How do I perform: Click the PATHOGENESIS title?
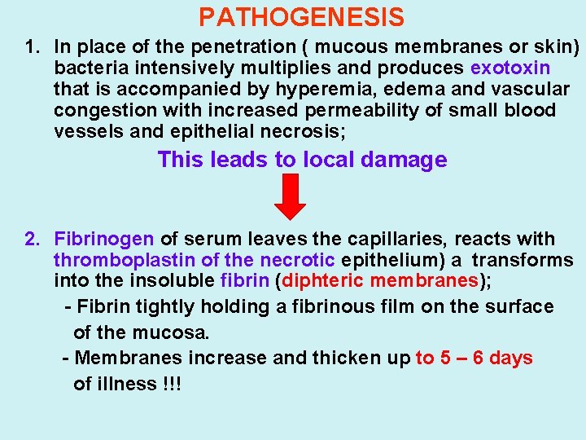(x=301, y=17)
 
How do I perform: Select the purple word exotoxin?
(x=510, y=68)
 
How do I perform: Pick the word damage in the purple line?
(x=405, y=160)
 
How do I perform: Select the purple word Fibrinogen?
(x=103, y=240)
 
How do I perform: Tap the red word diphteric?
(x=323, y=282)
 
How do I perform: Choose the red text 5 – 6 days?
(x=474, y=359)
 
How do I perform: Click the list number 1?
(x=31, y=46)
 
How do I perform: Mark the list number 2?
(x=31, y=240)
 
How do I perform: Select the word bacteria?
(x=86, y=68)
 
